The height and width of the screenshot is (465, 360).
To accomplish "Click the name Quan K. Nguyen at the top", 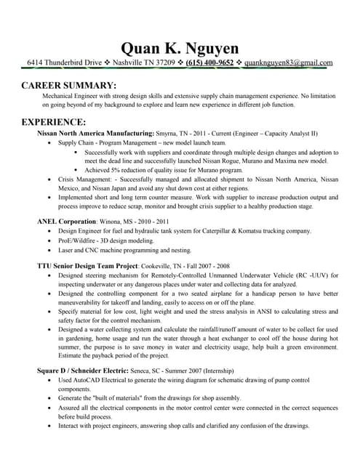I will (x=179, y=48).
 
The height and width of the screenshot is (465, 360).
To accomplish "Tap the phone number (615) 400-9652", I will (x=209, y=63).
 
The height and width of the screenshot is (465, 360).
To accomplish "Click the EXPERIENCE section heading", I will (x=55, y=121).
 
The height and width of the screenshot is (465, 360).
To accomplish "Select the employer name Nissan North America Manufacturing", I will (x=95, y=134).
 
